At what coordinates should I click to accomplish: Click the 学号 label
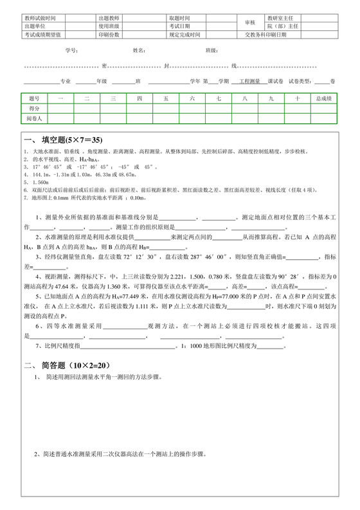pos(71,50)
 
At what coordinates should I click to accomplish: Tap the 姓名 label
pos(139,50)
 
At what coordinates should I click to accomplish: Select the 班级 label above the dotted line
pos(211,50)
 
